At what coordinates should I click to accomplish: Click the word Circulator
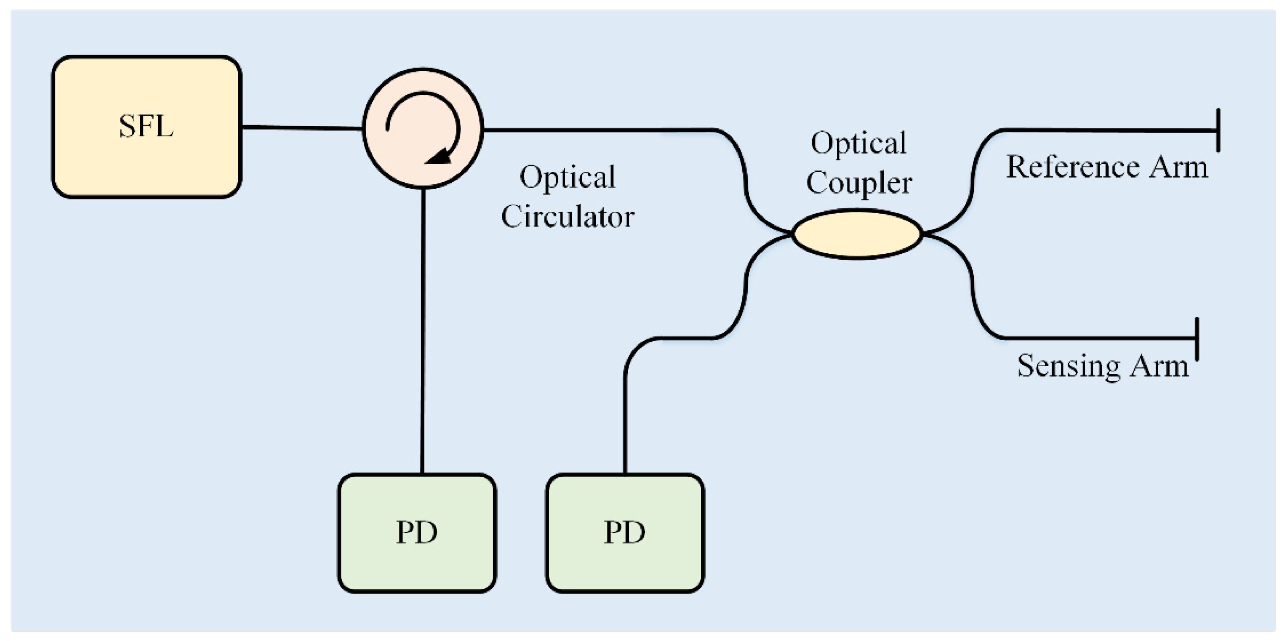point(568,217)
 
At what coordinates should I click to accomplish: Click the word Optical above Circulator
point(568,177)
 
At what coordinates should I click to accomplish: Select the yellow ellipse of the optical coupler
point(857,234)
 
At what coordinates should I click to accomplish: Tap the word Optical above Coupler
point(858,144)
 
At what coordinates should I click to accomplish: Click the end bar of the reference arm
point(1218,130)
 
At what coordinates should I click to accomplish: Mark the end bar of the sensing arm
point(1197,339)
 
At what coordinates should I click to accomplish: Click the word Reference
point(1072,167)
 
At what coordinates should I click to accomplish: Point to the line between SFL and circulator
point(302,128)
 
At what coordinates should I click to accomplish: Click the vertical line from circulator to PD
point(423,330)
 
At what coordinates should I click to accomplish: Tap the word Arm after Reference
point(1178,167)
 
